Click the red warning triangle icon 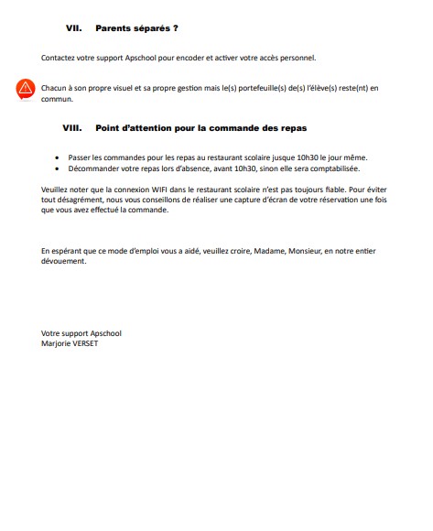25,90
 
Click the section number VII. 75,28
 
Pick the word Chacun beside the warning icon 56,87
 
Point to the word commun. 57,98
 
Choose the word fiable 325,190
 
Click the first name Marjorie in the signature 58,343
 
